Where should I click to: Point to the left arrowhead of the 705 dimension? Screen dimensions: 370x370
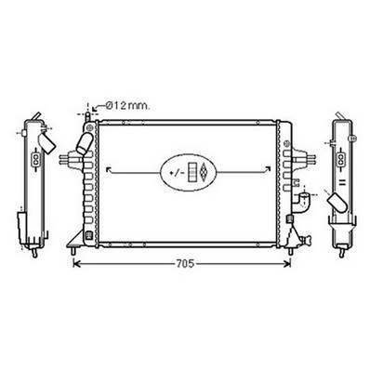pyautogui.click(x=77, y=265)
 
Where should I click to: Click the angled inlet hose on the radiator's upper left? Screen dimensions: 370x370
pyautogui.click(x=83, y=144)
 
